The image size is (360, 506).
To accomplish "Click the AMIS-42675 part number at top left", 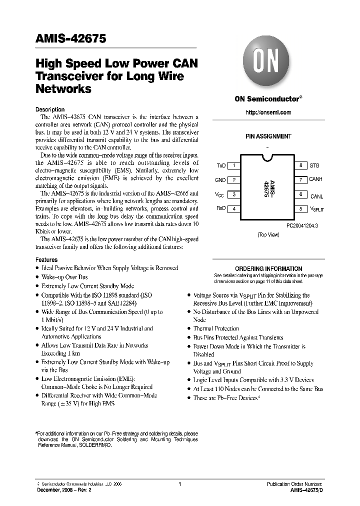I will point(70,39).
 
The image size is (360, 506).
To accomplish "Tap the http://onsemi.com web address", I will point(268,112).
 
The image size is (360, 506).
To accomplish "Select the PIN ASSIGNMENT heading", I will point(268,136).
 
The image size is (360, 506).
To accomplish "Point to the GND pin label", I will point(220,180).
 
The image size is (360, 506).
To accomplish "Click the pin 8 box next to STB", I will point(300,165).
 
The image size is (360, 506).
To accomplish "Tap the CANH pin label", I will point(316,179).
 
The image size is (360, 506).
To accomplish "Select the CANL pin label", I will point(316,196).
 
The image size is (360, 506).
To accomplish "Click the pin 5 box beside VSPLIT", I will point(300,209).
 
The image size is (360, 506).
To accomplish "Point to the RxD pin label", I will point(220,209).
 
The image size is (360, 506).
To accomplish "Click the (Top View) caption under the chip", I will point(268,234).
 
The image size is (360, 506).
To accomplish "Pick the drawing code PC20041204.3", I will point(303,225).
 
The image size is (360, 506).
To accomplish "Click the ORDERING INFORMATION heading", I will point(268,268).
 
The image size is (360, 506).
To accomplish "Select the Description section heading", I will point(50,109).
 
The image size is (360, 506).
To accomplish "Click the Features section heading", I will point(46,260).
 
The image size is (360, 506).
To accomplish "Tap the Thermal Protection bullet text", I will point(216,328).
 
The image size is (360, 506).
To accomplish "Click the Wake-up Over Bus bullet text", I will point(64,277).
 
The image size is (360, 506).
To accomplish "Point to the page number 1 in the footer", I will point(179,484).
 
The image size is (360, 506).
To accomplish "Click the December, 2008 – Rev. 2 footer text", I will point(64,490).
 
